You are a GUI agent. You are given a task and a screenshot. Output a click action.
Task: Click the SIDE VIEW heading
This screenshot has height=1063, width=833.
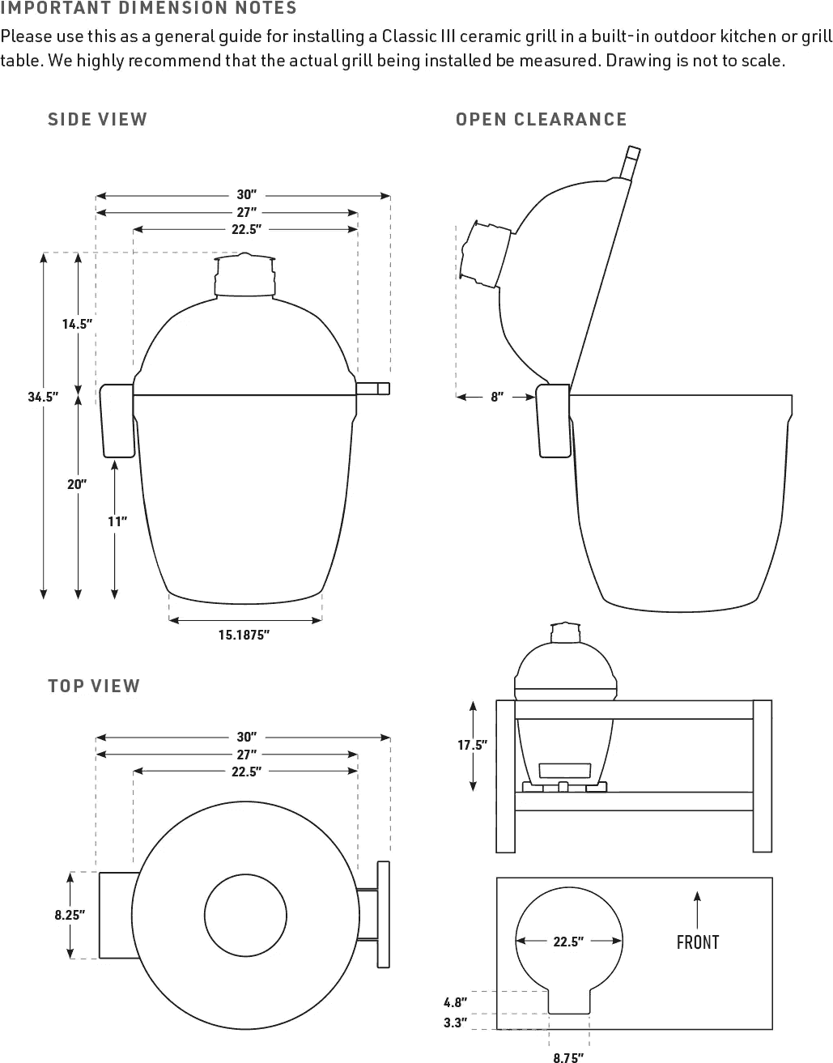tap(97, 119)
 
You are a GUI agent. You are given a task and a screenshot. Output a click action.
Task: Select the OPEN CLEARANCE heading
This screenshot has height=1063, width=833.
tap(541, 119)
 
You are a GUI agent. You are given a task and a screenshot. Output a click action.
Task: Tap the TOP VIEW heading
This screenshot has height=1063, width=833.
tap(94, 686)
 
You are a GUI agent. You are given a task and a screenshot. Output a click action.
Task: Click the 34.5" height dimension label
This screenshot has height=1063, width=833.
tap(43, 397)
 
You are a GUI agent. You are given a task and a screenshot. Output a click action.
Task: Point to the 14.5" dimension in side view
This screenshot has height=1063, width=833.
tap(78, 324)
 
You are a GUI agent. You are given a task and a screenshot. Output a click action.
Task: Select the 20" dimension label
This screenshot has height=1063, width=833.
tap(78, 484)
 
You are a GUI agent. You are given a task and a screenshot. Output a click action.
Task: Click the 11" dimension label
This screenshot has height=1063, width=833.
tap(117, 521)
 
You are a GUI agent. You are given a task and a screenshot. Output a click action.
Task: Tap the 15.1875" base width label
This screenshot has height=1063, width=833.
tap(244, 636)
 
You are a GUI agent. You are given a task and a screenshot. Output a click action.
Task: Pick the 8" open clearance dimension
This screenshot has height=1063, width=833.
tap(497, 397)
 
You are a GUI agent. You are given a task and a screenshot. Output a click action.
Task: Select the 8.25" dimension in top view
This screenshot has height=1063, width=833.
tap(70, 915)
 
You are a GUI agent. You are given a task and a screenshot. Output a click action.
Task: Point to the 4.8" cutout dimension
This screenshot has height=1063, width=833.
tap(455, 1001)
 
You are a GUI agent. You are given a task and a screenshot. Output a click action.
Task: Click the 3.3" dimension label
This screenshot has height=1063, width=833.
tap(455, 1023)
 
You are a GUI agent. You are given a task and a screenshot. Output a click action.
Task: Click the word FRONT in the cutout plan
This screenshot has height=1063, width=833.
tap(697, 942)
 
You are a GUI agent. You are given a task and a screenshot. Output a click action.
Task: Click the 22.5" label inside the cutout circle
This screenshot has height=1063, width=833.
tap(569, 942)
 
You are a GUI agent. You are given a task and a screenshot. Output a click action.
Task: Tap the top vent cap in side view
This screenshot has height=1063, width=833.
tap(244, 275)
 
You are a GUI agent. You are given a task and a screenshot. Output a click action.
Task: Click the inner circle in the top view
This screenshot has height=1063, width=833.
tap(245, 916)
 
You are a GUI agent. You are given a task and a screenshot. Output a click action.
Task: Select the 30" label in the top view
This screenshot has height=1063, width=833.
tap(246, 737)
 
